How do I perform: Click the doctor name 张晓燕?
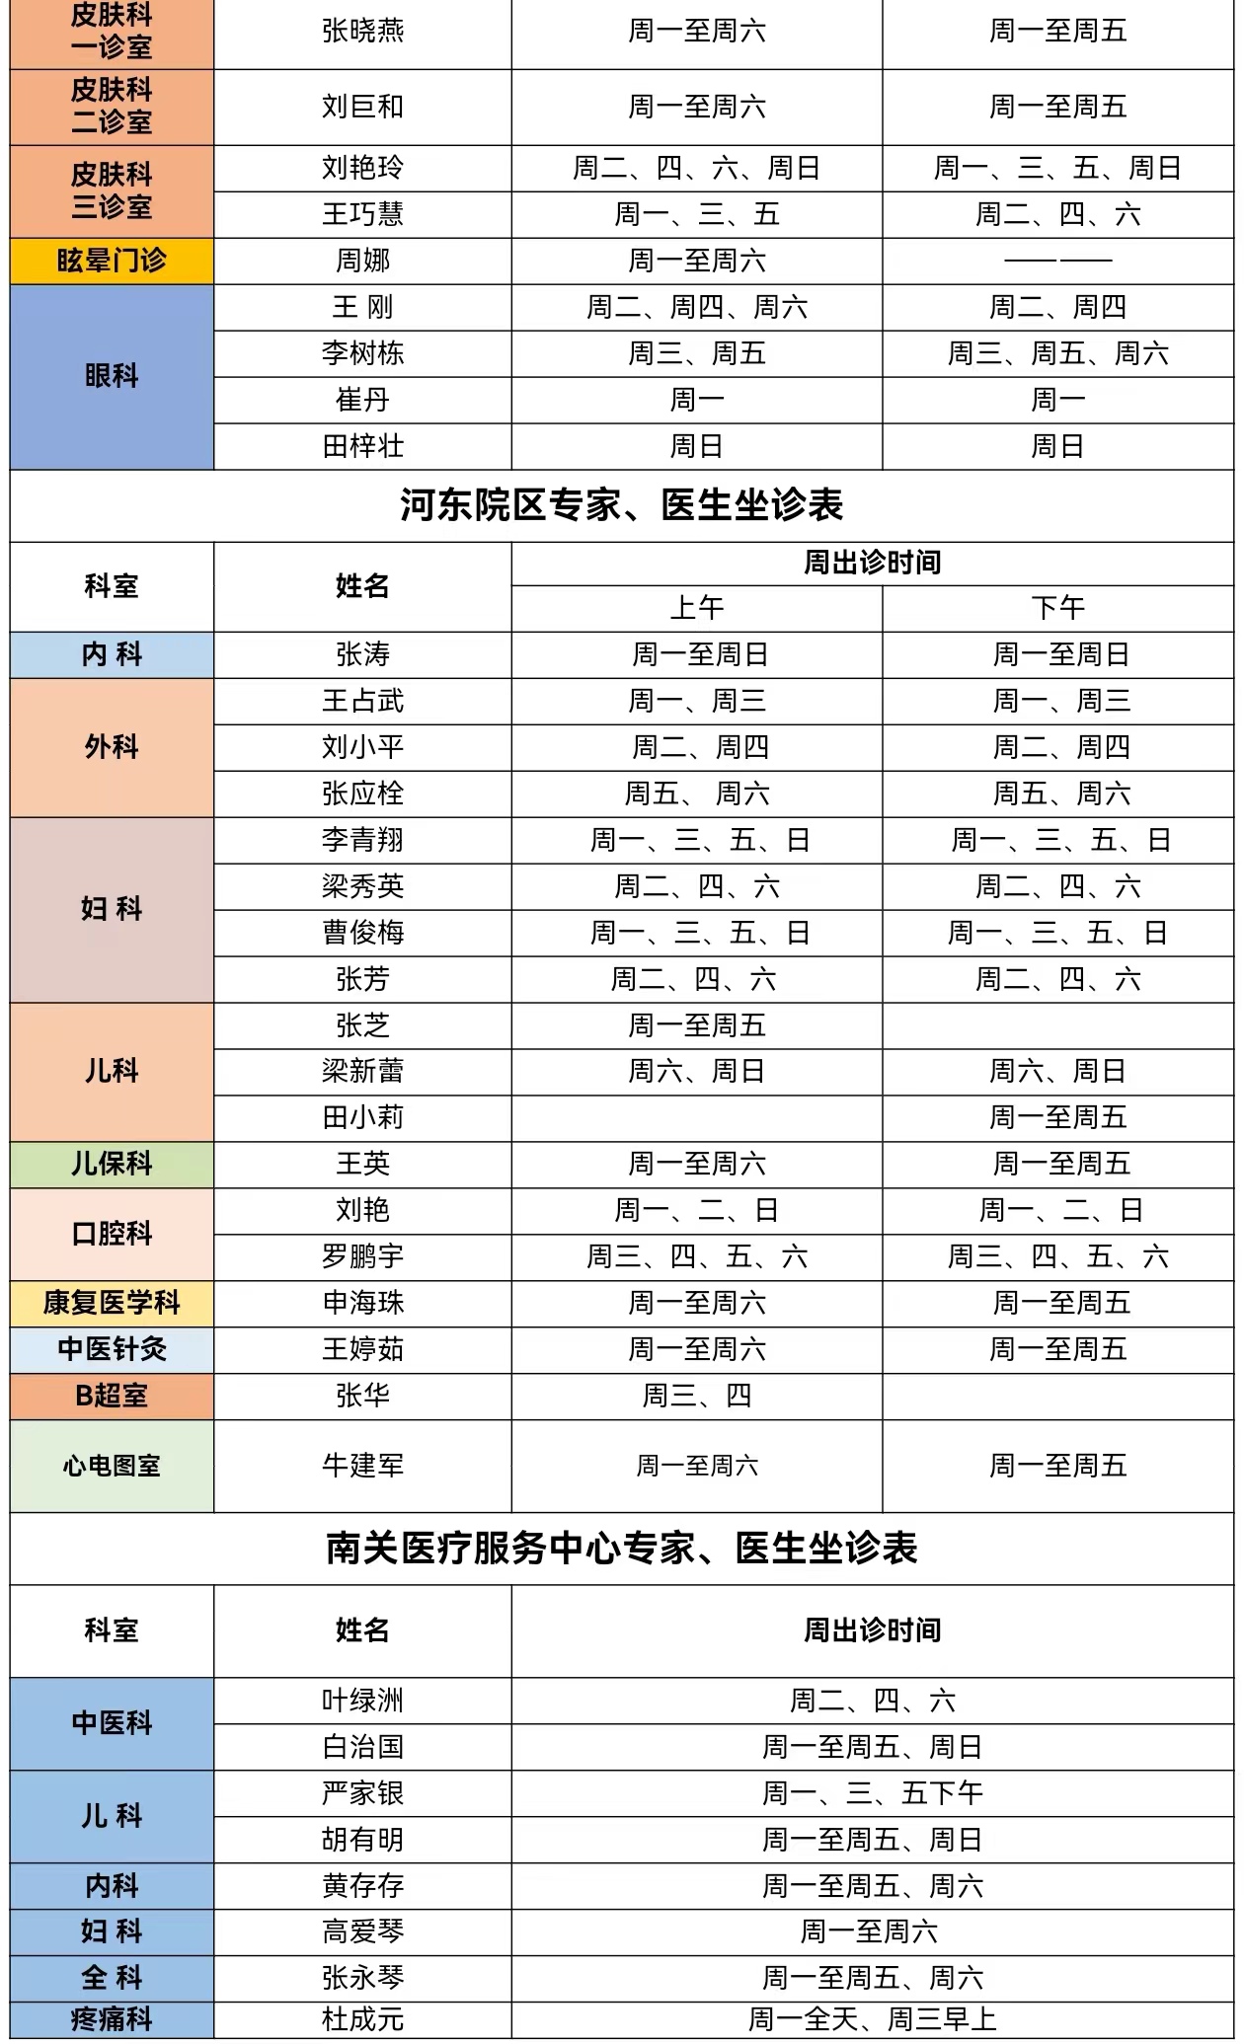point(362,32)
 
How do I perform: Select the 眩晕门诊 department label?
point(112,261)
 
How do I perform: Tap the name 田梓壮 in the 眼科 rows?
point(362,446)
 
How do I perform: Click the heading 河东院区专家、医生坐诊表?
point(622,505)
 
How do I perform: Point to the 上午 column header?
point(697,608)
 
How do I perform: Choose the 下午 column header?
point(1057,608)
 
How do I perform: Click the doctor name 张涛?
point(362,654)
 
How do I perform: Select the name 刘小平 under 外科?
point(362,747)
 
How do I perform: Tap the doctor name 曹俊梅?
point(362,933)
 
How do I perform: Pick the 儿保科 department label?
point(112,1164)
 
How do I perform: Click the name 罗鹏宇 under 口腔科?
point(362,1256)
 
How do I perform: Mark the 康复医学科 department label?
point(112,1303)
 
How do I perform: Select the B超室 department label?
point(112,1396)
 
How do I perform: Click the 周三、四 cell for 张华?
point(697,1396)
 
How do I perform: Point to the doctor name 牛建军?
point(362,1466)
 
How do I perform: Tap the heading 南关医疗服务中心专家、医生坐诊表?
point(622,1548)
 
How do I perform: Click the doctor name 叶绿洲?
point(362,1701)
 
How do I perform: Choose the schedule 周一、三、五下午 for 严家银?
point(872,1793)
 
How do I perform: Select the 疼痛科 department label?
point(112,2019)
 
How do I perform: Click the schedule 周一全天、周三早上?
point(872,2019)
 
